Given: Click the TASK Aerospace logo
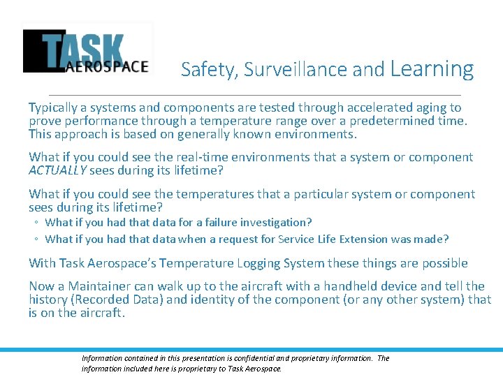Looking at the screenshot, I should [x=87, y=50].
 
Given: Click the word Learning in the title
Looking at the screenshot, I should [x=432, y=68].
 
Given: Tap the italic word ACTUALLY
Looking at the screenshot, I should [x=58, y=170].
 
